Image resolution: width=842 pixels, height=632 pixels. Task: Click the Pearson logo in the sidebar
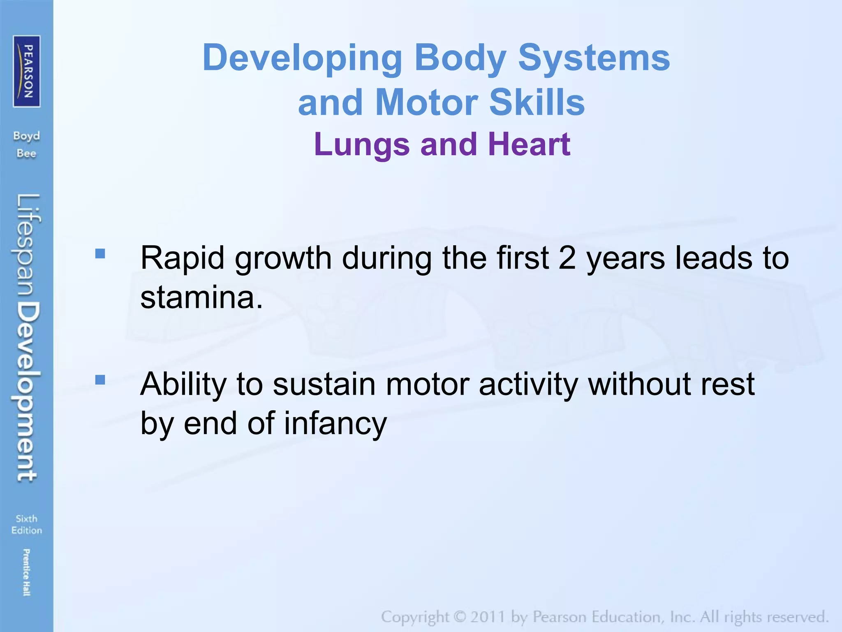pos(27,71)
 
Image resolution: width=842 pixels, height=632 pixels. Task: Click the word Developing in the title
pos(302,58)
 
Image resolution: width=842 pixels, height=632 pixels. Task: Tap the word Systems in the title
pos(594,58)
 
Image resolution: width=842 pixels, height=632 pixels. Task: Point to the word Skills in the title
pos(537,102)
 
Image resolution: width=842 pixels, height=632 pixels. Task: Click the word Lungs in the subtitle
pos(361,145)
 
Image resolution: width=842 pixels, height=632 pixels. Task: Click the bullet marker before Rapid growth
pos(100,253)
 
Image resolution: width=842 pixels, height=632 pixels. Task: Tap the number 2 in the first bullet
pos(567,258)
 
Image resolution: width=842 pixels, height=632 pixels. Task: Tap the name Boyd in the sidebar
pos(26,136)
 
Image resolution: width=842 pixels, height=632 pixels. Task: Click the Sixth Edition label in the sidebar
pos(27,524)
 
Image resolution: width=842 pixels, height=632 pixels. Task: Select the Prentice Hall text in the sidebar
pos(26,572)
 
